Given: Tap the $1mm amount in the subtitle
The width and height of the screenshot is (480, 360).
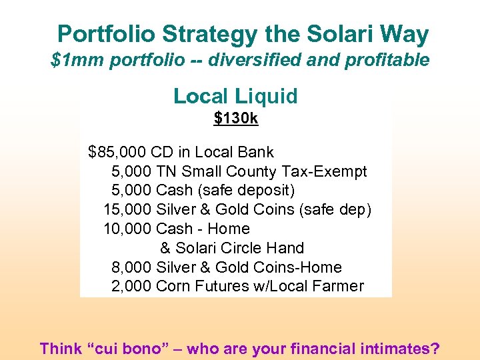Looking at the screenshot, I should (x=73, y=61).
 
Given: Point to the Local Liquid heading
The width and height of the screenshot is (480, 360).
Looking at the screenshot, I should (x=235, y=96).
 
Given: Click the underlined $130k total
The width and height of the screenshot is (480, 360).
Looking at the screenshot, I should (x=235, y=119).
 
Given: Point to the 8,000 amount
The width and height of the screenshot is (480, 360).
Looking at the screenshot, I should (x=131, y=267).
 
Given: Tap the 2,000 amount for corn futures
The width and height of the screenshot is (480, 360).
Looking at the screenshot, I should (x=131, y=286).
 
